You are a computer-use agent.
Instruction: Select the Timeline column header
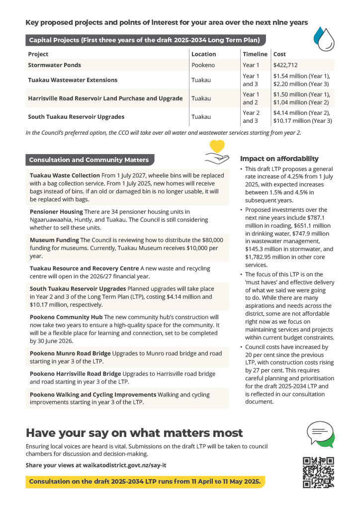pyautogui.click(x=255, y=54)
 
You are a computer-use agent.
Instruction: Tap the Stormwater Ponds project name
pyautogui.click(x=55, y=65)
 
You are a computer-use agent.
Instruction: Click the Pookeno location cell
pyautogui.click(x=203, y=65)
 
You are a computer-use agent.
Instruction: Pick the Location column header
pyautogui.click(x=204, y=54)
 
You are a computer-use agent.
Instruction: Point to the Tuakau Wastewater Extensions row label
pyautogui.click(x=73, y=80)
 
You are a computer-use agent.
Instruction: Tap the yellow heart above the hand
pyautogui.click(x=217, y=147)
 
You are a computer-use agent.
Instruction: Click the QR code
pyautogui.click(x=318, y=472)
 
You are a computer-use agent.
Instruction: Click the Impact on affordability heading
pyautogui.click(x=279, y=159)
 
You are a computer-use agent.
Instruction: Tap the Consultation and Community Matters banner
pyautogui.click(x=90, y=160)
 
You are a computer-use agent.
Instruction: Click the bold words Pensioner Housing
pyautogui.click(x=56, y=212)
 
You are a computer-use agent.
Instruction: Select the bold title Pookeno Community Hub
pyautogui.click(x=66, y=317)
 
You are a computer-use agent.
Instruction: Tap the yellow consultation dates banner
pyautogui.click(x=145, y=482)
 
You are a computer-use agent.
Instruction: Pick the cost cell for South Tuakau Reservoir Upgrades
pyautogui.click(x=302, y=117)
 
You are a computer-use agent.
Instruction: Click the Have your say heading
pyautogui.click(x=134, y=432)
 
